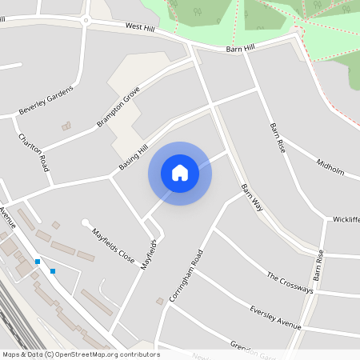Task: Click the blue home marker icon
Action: (180, 173)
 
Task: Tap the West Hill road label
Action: (140, 27)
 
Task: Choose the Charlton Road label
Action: (34, 153)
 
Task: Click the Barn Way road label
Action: (252, 195)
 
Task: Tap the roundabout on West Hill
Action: (86, 19)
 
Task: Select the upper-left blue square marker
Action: (38, 262)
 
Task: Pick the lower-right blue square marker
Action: (53, 271)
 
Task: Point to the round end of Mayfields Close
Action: (86, 223)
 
